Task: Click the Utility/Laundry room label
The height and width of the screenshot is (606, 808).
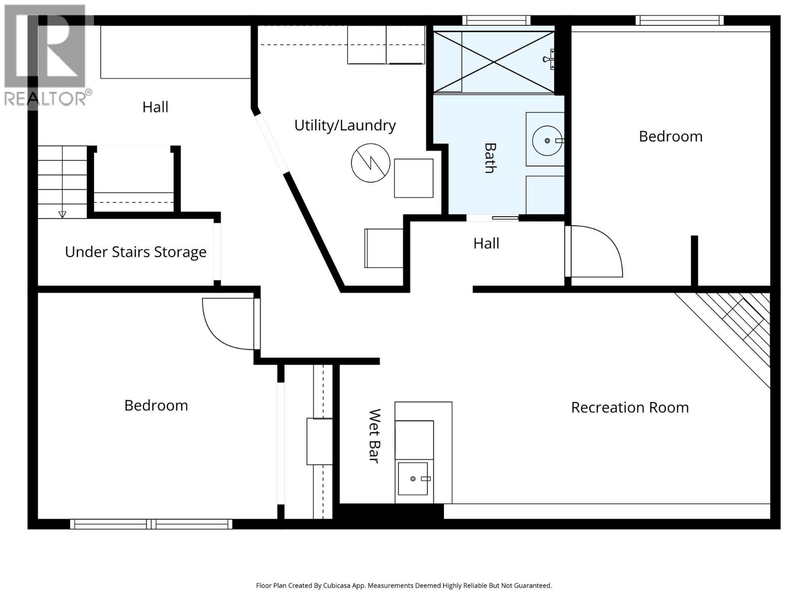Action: (345, 125)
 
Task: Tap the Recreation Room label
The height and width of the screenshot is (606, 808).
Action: (630, 408)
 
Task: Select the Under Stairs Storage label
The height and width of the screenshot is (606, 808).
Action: (135, 252)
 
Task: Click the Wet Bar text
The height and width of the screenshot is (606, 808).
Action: (374, 436)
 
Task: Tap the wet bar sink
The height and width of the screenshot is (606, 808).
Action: (413, 478)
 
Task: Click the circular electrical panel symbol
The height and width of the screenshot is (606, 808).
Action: (370, 163)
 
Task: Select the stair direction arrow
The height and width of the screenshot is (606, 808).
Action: (62, 214)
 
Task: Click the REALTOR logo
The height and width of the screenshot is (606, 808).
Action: (45, 56)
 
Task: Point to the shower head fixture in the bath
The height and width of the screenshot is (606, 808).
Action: (549, 59)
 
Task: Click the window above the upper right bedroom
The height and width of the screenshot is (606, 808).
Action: (679, 20)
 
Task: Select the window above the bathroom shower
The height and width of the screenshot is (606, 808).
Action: (496, 20)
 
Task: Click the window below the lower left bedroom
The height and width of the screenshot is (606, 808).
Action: (151, 524)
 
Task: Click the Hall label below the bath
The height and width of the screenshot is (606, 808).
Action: (486, 243)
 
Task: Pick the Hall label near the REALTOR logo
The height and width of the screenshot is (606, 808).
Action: (155, 107)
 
